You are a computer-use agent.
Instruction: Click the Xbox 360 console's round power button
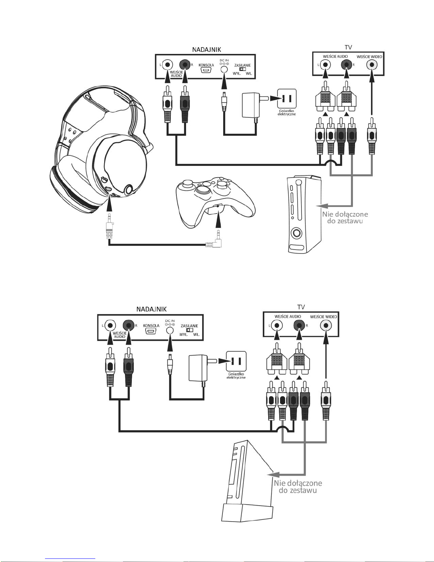coord(296,233)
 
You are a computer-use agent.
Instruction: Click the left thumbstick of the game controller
coord(188,183)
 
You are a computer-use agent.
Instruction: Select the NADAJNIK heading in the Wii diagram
coord(151,309)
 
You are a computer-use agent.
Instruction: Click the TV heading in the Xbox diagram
coord(348,47)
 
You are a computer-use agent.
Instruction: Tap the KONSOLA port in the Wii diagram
coord(151,331)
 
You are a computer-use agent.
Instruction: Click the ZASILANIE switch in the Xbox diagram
coord(242,69)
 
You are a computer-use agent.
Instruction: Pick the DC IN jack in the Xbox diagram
coord(224,69)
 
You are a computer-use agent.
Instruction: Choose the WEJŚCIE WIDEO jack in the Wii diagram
coord(326,325)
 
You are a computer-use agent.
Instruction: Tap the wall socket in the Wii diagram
coord(236,361)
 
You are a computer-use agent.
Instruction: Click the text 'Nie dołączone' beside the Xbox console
coord(345,214)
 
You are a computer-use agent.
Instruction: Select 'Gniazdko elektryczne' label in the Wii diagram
coord(236,375)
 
